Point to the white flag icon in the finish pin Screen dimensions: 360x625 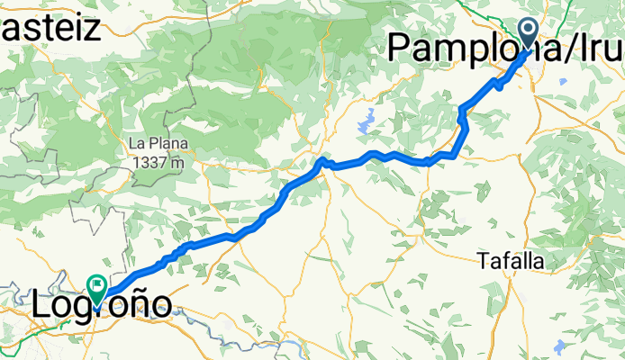96,284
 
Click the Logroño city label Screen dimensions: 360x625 101,306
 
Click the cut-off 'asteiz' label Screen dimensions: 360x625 50,27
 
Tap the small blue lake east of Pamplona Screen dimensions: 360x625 563,82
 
